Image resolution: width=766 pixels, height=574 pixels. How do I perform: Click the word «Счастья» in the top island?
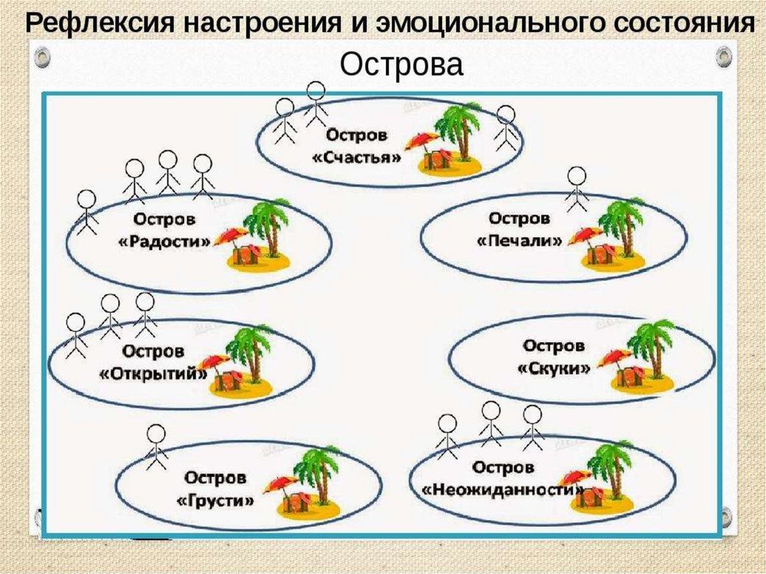pyautogui.click(x=356, y=158)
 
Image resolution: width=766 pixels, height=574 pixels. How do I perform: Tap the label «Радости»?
pyautogui.click(x=164, y=242)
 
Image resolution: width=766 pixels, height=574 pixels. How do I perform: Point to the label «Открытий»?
pyautogui.click(x=153, y=373)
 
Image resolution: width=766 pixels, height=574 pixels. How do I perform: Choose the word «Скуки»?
pyautogui.click(x=554, y=368)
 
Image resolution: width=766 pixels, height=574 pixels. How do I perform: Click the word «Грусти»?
pyautogui.click(x=215, y=500)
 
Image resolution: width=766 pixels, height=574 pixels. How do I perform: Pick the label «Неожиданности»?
pyautogui.click(x=503, y=490)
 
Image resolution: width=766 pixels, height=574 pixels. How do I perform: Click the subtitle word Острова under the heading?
pyautogui.click(x=402, y=64)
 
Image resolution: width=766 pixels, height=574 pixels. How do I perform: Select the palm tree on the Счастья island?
pyautogui.click(x=457, y=127)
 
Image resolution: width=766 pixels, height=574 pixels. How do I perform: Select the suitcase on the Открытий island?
pyautogui.click(x=227, y=381)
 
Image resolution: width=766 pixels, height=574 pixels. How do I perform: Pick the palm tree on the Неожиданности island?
pyautogui.click(x=610, y=463)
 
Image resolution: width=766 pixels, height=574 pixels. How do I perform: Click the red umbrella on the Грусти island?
pyautogui.click(x=280, y=483)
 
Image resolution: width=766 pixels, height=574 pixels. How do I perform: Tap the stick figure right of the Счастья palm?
pyautogui.click(x=506, y=128)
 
